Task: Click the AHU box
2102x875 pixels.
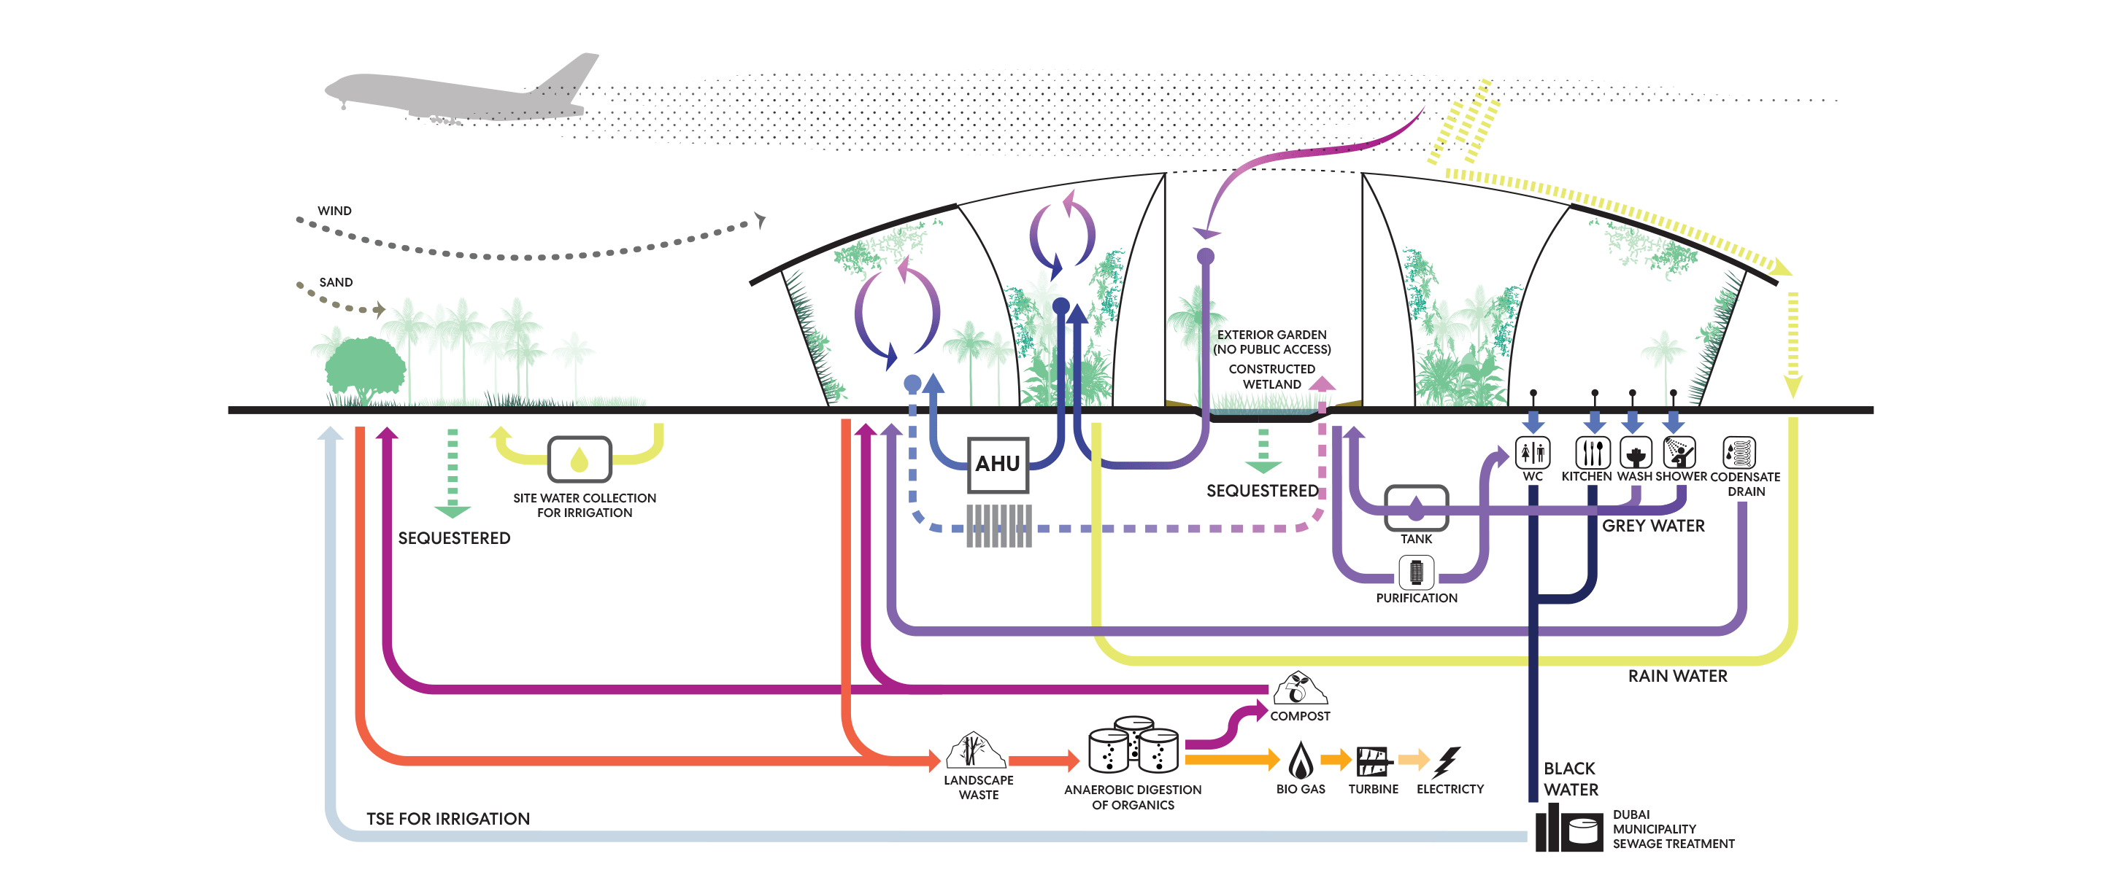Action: point(997,464)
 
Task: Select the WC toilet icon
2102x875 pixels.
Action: point(1533,452)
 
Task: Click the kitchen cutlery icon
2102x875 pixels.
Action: point(1592,452)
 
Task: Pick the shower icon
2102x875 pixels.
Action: point(1679,452)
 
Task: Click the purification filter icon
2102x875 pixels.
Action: point(1416,572)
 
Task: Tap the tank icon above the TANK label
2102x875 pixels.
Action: point(1416,508)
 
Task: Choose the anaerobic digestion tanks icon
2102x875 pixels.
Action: point(1133,744)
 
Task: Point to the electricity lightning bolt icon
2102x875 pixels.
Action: point(1447,762)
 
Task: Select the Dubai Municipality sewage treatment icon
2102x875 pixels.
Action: point(1568,828)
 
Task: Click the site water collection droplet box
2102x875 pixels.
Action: point(580,459)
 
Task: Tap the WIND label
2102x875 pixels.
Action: point(334,211)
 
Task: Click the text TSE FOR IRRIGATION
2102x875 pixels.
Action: point(448,819)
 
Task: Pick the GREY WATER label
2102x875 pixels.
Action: point(1653,526)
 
